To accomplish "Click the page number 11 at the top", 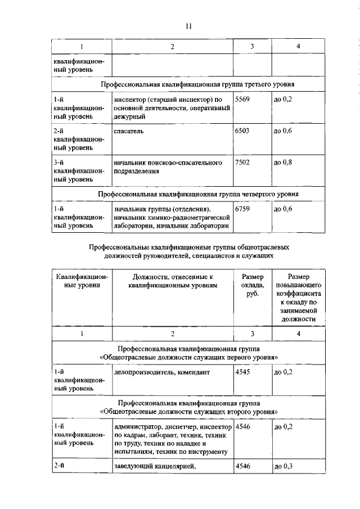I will pyautogui.click(x=189, y=25).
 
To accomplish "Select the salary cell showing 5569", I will pyautogui.click(x=242, y=100).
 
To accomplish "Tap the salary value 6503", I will pyautogui.click(x=242, y=131).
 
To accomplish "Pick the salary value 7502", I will pyautogui.click(x=242, y=163).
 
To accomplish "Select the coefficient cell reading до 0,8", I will pyautogui.click(x=283, y=163).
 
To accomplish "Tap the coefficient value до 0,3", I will pyautogui.click(x=283, y=466).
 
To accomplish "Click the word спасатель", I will pyautogui.click(x=128, y=131).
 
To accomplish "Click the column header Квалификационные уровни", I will pyautogui.click(x=82, y=281).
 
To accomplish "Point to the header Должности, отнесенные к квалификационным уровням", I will pyautogui.click(x=173, y=281).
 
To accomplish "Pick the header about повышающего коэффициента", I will pyautogui.click(x=298, y=298).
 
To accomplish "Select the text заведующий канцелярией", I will pyautogui.click(x=154, y=466).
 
